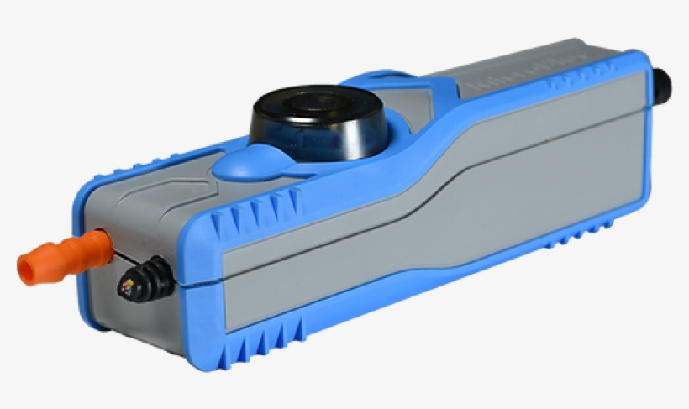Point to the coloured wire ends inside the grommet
click(x=130, y=288)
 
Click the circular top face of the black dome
click(x=318, y=102)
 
